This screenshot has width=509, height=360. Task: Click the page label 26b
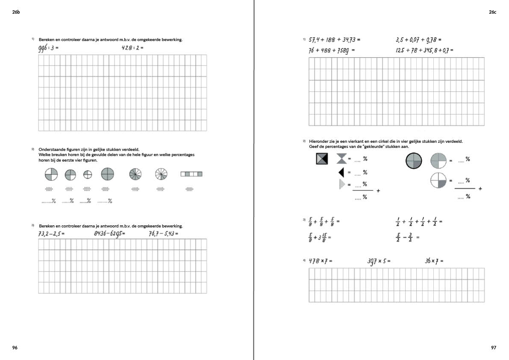[x=16, y=12]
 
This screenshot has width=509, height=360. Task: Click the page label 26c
[x=492, y=12]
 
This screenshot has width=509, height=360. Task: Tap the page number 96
[x=15, y=348]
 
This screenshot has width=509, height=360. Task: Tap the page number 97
[x=494, y=348]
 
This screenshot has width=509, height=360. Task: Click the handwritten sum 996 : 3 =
[x=48, y=48]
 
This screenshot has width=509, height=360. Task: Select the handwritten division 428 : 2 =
[x=132, y=48]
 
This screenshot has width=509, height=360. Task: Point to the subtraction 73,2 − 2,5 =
[x=51, y=233]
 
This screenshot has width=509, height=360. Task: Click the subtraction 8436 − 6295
[x=109, y=233]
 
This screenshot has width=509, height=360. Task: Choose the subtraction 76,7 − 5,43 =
[x=163, y=233]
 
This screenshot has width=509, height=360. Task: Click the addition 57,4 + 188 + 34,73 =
[x=334, y=40]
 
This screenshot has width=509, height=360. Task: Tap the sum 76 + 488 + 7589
[x=331, y=50]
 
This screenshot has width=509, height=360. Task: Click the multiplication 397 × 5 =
[x=379, y=261]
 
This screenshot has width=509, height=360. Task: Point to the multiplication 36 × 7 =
[x=434, y=261]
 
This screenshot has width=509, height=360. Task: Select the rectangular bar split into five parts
[x=191, y=174]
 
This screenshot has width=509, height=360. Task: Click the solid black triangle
[x=341, y=173]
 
